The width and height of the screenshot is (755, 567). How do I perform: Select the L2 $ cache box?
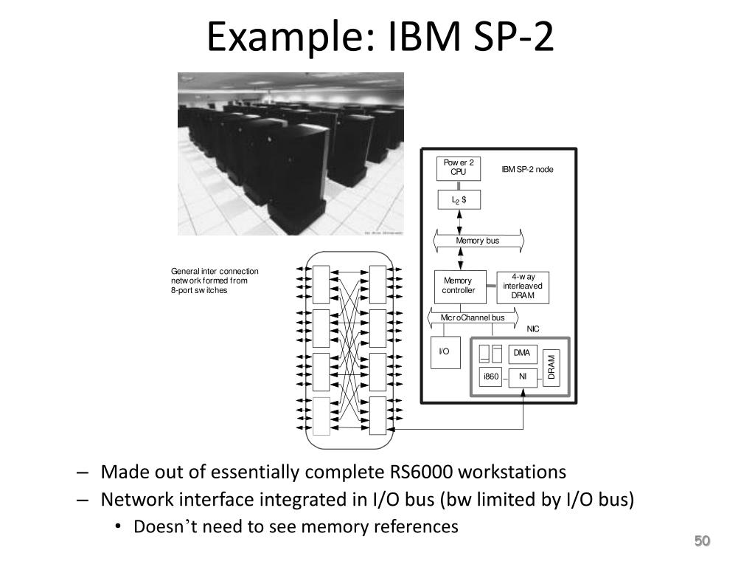tap(459, 199)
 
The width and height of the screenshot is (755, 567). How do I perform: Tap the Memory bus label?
tap(478, 241)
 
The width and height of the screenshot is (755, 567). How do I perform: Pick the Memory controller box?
tap(459, 286)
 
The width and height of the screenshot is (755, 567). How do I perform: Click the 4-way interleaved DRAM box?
tap(523, 286)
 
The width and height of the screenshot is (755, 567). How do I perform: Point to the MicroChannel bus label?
tap(473, 317)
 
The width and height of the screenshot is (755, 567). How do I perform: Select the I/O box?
tap(445, 353)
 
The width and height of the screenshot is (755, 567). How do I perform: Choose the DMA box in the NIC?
tap(523, 354)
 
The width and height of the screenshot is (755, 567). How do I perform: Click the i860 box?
tap(491, 377)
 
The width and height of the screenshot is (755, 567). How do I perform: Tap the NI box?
tap(523, 377)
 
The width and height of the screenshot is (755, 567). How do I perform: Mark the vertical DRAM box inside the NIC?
tap(552, 367)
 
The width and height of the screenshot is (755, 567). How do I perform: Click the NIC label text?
tap(533, 329)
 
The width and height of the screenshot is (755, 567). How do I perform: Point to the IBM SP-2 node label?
tap(527, 169)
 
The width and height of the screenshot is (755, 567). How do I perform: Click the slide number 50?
tap(701, 542)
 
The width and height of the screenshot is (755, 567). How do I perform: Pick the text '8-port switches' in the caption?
tap(199, 290)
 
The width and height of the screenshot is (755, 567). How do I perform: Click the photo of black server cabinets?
tap(290, 154)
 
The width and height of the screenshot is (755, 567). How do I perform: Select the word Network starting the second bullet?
tap(138, 499)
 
